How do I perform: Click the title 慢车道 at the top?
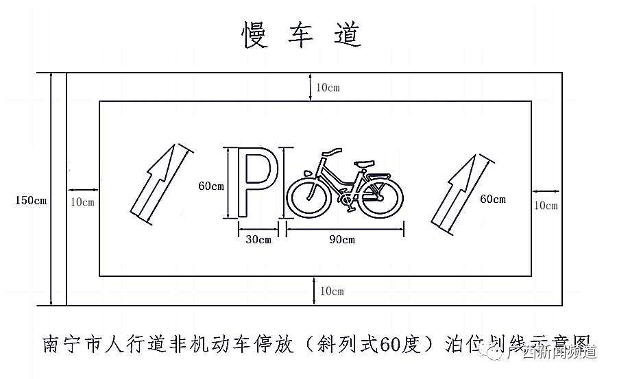(x=302, y=34)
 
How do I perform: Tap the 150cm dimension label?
(x=31, y=201)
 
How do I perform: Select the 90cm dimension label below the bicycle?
(x=342, y=240)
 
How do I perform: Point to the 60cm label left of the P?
(x=211, y=186)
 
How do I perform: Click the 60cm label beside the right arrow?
(x=492, y=199)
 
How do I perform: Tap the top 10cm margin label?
(x=328, y=88)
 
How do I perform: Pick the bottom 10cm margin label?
(x=331, y=291)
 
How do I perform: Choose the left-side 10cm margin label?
(x=82, y=201)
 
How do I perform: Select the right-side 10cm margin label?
(x=546, y=205)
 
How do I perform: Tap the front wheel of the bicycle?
(x=308, y=197)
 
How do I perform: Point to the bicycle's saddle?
(x=364, y=163)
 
